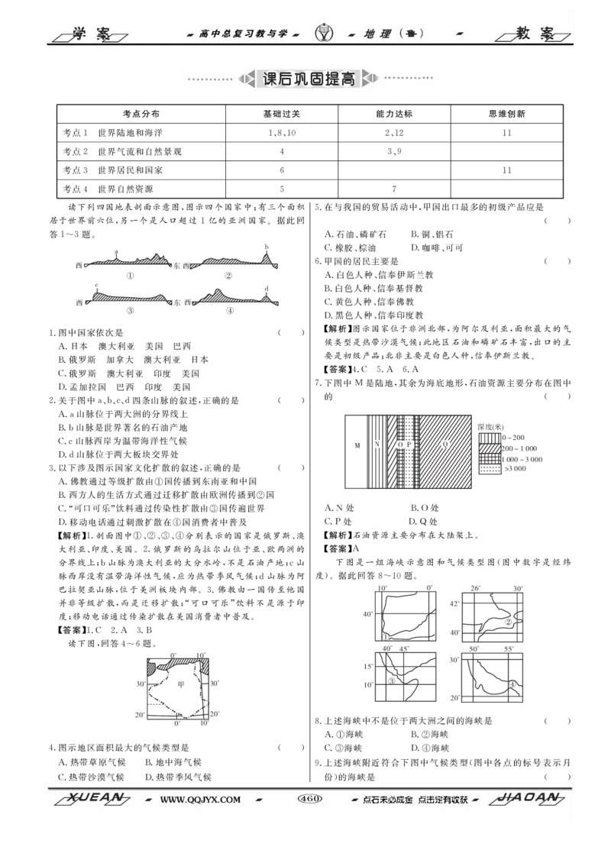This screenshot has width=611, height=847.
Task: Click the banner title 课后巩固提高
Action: click(x=309, y=79)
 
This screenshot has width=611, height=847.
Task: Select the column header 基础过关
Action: click(x=282, y=114)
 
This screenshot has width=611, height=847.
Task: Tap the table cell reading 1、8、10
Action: click(x=282, y=133)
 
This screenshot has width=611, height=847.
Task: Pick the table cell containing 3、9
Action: click(x=394, y=152)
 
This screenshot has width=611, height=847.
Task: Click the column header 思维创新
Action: click(x=506, y=114)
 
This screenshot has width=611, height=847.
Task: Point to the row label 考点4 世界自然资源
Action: click(x=108, y=189)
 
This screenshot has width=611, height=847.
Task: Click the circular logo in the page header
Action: click(x=324, y=34)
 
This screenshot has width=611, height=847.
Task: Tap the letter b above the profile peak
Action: click(x=267, y=247)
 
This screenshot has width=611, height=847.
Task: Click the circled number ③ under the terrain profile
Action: click(x=130, y=311)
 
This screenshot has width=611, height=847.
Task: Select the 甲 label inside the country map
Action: click(x=181, y=684)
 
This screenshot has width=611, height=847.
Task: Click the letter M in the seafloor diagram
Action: click(x=357, y=445)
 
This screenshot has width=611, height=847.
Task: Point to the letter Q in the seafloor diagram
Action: click(x=446, y=445)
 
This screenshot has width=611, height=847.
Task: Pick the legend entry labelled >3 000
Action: click(x=503, y=469)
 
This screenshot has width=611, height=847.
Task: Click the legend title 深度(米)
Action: click(x=490, y=427)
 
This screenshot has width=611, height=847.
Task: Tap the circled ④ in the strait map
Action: click(x=512, y=685)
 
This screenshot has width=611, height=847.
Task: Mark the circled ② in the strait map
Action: click(x=508, y=622)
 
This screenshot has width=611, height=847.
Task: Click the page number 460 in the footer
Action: click(x=310, y=799)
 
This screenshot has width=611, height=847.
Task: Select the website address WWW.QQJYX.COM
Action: click(x=200, y=800)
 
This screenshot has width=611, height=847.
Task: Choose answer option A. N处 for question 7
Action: click(x=339, y=508)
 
